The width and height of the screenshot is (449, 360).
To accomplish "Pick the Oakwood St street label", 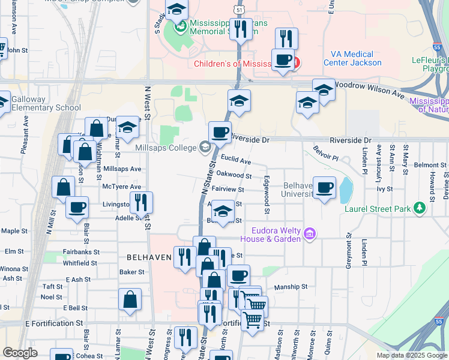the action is pyautogui.click(x=234, y=175).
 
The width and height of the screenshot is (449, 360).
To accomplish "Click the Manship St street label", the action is pyautogui.click(x=291, y=287).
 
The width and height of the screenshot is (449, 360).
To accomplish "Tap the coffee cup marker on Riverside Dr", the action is pyautogui.click(x=220, y=132).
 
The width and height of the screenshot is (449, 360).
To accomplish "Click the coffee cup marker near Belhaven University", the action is pyautogui.click(x=324, y=187).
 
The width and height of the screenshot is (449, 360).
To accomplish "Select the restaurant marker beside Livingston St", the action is pyautogui.click(x=141, y=202).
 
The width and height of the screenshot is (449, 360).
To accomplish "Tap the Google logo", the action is pyautogui.click(x=20, y=353).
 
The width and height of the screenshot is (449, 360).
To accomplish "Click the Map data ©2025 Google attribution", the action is pyautogui.click(x=411, y=355).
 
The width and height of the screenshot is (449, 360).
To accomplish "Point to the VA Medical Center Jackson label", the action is pyautogui.click(x=352, y=58).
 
